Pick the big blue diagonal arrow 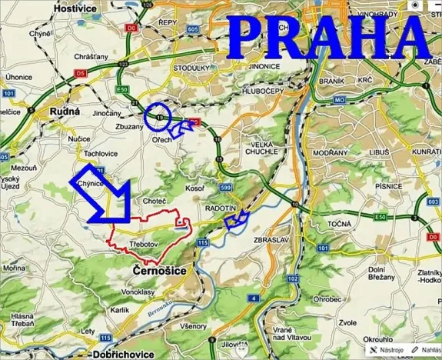[104, 196]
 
